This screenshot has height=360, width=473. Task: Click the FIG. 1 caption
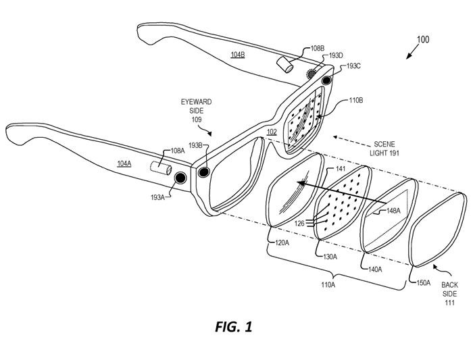[234, 326]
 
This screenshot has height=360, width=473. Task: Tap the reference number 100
[423, 39]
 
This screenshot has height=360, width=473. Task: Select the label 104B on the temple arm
[238, 55]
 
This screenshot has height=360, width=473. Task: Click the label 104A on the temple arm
[124, 163]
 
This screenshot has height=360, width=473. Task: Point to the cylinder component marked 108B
[284, 64]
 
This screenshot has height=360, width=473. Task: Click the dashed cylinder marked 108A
[161, 168]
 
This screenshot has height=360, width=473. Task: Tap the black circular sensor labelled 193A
[180, 178]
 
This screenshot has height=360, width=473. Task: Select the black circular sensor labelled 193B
[203, 172]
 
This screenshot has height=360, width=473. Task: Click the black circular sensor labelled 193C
[326, 80]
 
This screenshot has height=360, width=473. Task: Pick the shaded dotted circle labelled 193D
[311, 74]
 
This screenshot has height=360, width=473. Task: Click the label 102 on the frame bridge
[272, 132]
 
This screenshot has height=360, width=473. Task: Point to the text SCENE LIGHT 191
[384, 149]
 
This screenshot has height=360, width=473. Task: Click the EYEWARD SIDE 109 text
[197, 111]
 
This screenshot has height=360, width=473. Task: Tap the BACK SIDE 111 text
[449, 293]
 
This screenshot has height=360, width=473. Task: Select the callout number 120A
[282, 242]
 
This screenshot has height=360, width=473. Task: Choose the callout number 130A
[330, 257]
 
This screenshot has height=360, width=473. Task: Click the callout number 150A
[423, 283]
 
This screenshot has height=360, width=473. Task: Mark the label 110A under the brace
[328, 284]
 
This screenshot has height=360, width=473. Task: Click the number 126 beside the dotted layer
[299, 224]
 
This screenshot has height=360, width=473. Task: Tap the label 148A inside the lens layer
[393, 211]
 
